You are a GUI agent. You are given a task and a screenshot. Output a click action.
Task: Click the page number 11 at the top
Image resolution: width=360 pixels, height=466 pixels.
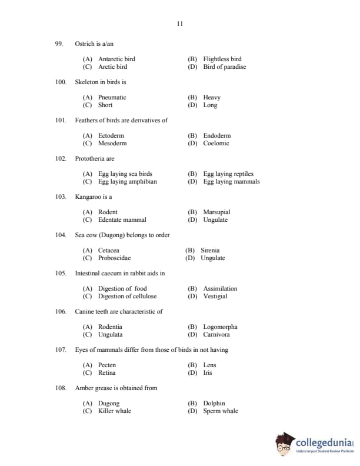pyautogui.click(x=180, y=24)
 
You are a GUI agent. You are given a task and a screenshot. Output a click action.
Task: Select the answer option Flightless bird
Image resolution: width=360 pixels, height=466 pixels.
pyautogui.click(x=222, y=59)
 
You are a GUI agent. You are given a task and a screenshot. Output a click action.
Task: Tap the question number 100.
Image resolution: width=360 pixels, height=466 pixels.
pyautogui.click(x=61, y=82)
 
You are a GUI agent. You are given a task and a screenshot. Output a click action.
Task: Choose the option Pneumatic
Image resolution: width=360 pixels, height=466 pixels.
pyautogui.click(x=112, y=98)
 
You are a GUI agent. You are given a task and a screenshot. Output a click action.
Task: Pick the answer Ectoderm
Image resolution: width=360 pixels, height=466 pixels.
pyautogui.click(x=112, y=136)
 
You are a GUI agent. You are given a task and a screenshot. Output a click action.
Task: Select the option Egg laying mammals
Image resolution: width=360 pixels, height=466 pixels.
pyautogui.click(x=231, y=182)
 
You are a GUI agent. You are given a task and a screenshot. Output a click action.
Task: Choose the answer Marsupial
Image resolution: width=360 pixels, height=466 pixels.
pyautogui.click(x=216, y=212)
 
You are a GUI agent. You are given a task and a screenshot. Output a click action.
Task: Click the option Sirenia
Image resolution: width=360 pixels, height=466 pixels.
pyautogui.click(x=210, y=251)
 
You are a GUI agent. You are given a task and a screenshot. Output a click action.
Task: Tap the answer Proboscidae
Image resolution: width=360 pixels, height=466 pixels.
pyautogui.click(x=114, y=258)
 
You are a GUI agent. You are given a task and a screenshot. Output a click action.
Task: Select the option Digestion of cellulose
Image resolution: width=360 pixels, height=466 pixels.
pyautogui.click(x=127, y=297)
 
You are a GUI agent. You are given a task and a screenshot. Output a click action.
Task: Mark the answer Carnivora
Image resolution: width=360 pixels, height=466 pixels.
pyautogui.click(x=216, y=335)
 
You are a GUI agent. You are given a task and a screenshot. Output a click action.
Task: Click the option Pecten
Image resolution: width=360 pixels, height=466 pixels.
pyautogui.click(x=107, y=365)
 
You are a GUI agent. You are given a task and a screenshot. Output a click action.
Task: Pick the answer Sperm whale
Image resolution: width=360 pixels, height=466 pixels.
pyautogui.click(x=221, y=411)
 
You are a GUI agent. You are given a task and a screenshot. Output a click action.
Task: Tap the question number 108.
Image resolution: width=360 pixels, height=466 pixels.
pyautogui.click(x=61, y=388)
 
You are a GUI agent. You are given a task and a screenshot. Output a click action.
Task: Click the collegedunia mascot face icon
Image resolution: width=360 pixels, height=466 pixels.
pyautogui.click(x=284, y=444)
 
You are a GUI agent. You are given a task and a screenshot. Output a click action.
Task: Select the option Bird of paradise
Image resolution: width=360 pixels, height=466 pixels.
pyautogui.click(x=224, y=67)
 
